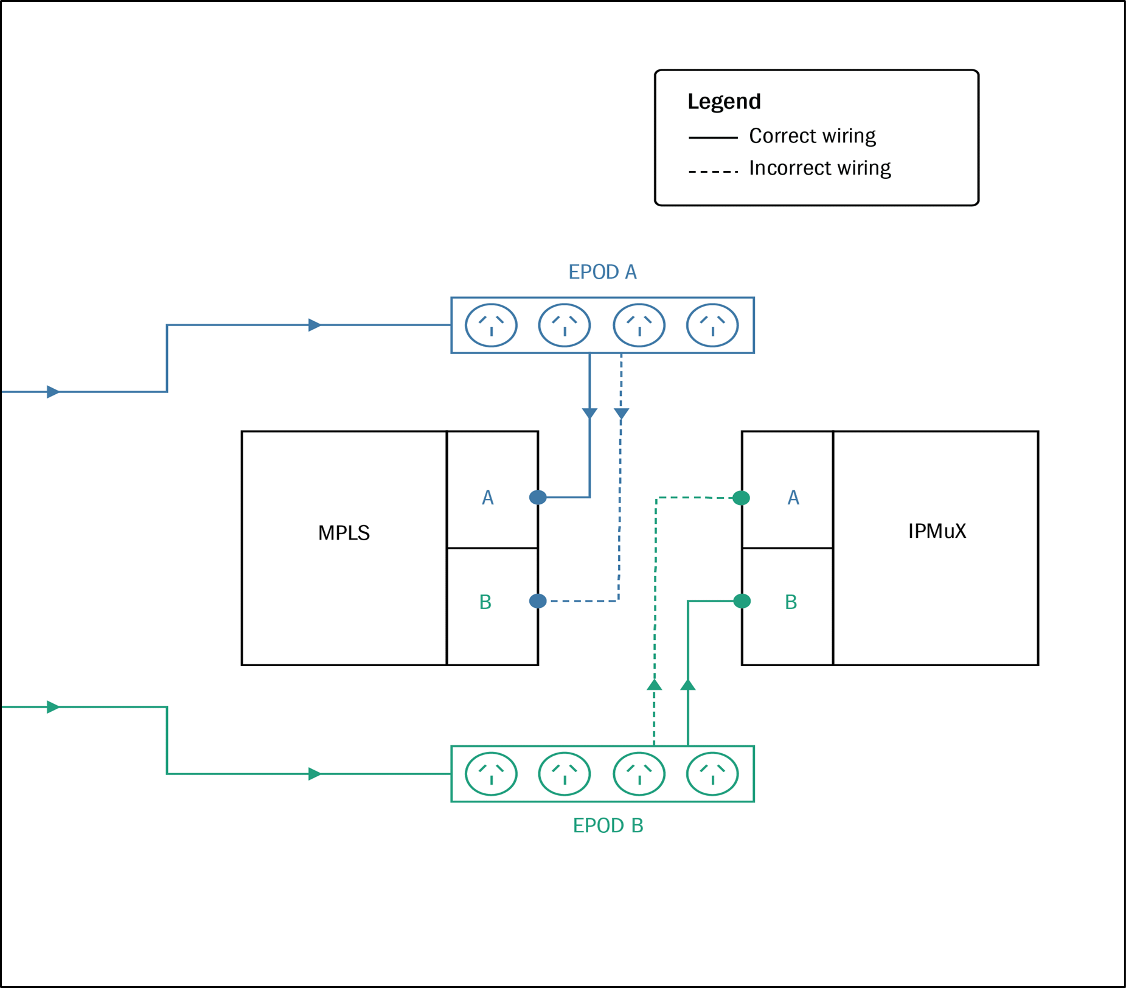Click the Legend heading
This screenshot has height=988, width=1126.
724,102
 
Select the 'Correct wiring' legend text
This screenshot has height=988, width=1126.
812,136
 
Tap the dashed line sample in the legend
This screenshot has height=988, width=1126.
713,172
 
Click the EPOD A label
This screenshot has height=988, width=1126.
602,272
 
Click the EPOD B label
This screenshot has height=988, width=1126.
608,825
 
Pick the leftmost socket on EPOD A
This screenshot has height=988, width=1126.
491,325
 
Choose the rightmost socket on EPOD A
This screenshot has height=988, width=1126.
712,325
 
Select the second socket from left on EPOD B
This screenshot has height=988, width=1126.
565,774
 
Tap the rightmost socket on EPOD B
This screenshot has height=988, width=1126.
712,774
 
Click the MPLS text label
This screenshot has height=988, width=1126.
344,533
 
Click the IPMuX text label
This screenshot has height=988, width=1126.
937,531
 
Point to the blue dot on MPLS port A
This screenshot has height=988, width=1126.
538,497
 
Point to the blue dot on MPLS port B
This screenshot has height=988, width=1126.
538,601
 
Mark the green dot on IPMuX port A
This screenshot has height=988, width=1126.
741,498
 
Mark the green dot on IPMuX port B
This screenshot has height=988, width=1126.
742,601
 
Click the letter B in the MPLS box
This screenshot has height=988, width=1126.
485,602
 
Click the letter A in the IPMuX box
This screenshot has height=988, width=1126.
793,498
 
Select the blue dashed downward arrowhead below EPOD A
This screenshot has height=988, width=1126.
621,414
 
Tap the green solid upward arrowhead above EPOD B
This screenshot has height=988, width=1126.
688,685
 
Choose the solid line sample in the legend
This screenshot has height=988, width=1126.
713,138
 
